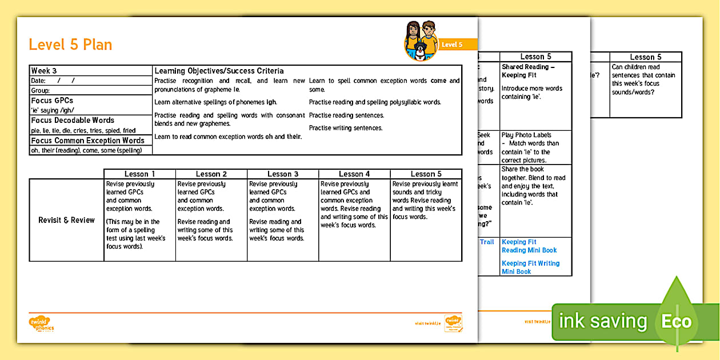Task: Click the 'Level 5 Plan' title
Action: coord(70,45)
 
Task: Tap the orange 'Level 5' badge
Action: coord(451,45)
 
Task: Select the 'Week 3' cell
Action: coord(44,71)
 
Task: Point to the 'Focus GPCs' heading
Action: coord(52,101)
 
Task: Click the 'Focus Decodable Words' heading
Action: coord(73,120)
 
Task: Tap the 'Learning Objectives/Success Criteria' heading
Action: coord(219,71)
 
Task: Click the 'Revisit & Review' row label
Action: coord(66,220)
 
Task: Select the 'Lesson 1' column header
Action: coord(139,174)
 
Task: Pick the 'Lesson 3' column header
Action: coord(283,174)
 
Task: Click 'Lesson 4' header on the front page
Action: coord(354,174)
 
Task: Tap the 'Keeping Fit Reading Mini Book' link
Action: coord(529,246)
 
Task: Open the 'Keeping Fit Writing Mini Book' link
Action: coord(530,267)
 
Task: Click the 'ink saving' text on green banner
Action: coord(603,321)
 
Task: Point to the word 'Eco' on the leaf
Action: coord(677,321)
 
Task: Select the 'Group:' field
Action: coord(41,90)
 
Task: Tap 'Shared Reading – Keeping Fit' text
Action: coord(528,71)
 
